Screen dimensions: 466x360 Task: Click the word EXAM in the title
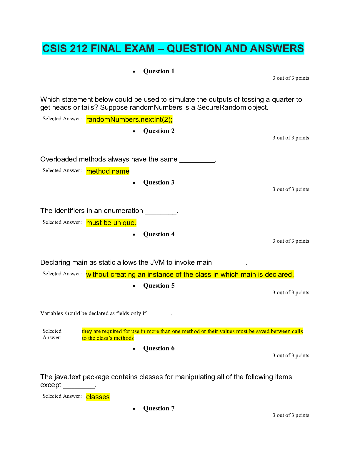click(x=138, y=49)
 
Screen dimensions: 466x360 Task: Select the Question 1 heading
click(x=159, y=71)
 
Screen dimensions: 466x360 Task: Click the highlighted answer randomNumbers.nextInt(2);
click(x=129, y=119)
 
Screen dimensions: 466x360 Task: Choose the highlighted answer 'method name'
click(x=108, y=171)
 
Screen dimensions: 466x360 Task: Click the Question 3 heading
click(x=159, y=182)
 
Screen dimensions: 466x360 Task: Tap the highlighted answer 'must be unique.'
click(x=111, y=223)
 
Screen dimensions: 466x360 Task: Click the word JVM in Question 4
click(x=157, y=262)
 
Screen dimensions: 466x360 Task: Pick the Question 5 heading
click(x=159, y=286)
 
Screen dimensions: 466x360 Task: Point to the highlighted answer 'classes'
click(x=98, y=397)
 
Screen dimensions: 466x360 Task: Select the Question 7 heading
click(x=159, y=408)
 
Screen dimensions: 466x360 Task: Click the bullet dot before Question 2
click(x=134, y=131)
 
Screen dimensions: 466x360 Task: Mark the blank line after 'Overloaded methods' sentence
click(x=197, y=161)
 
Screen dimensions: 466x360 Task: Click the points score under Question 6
click(x=291, y=355)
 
